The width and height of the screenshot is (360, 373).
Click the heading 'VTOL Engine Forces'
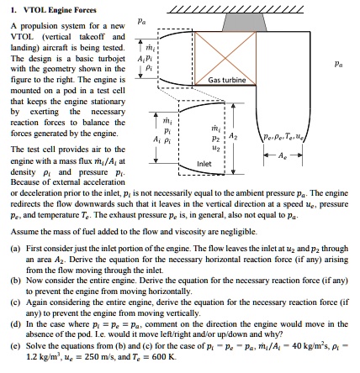pos(60,10)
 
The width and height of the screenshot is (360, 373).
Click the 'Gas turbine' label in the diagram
pos(227,80)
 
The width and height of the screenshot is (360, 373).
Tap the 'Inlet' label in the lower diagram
pos(204,164)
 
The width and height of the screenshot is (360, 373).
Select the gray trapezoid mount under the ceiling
pos(244,22)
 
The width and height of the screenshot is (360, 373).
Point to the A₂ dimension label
pos(233,136)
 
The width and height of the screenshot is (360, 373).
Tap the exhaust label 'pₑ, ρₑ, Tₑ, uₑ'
pos(283,137)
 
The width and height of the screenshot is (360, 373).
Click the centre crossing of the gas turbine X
pos(225,58)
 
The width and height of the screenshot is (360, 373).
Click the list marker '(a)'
pos(16,249)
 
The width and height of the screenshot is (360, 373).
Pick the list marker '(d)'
pos(16,324)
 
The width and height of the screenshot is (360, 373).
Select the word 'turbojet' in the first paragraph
pos(112,59)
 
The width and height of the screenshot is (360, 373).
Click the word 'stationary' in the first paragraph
pos(109,102)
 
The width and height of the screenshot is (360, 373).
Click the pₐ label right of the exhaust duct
pos(338,65)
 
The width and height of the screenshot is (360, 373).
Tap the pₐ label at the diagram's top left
pos(141,21)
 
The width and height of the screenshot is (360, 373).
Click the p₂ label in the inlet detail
pos(215,139)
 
